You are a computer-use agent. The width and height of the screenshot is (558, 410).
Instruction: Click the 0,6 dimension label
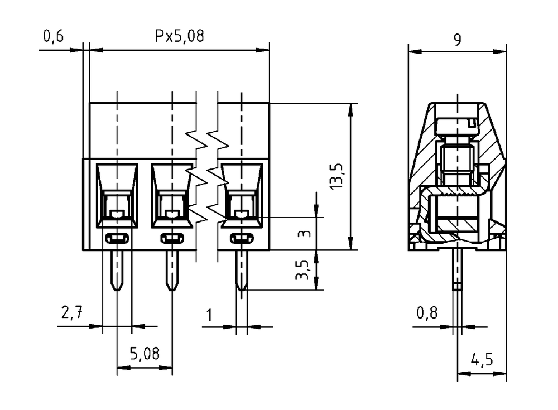click(x=54, y=36)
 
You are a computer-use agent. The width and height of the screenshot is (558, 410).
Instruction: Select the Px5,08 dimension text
click(x=179, y=36)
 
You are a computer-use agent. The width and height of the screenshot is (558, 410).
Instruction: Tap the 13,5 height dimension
click(x=336, y=176)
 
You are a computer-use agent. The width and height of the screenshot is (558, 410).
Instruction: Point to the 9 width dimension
click(x=458, y=40)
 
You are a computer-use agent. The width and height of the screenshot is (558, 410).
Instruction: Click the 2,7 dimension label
click(x=72, y=312)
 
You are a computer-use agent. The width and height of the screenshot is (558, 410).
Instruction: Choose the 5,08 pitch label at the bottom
click(x=145, y=354)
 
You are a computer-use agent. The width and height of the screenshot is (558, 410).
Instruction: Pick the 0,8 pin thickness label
click(x=427, y=313)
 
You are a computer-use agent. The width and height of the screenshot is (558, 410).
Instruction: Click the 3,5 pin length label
click(x=302, y=270)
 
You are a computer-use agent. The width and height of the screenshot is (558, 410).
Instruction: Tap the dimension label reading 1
click(x=209, y=315)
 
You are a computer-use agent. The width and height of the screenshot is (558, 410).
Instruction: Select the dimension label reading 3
click(x=304, y=234)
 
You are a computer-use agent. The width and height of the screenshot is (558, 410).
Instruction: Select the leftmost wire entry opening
click(x=117, y=196)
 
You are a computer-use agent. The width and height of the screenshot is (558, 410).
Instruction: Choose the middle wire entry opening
click(x=172, y=196)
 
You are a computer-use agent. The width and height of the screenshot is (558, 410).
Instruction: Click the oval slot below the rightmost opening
click(x=242, y=238)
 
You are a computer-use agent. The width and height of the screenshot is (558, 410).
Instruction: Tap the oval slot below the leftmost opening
click(x=117, y=238)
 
